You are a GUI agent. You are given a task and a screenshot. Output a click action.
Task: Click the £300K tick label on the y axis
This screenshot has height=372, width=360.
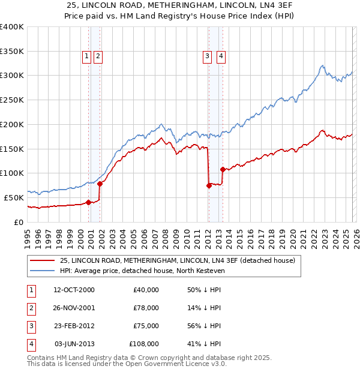coord(12,76)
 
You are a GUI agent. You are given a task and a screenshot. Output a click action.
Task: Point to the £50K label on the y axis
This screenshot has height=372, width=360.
coord(14,197)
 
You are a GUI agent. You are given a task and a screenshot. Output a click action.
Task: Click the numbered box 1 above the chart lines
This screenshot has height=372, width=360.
coord(86,56)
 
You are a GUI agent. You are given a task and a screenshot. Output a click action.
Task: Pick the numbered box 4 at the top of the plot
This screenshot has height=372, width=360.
coord(221,56)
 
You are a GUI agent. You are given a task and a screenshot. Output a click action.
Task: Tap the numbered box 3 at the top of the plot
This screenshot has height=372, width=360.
coord(207,56)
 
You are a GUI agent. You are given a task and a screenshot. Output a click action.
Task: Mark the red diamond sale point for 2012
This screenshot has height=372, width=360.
coord(209,185)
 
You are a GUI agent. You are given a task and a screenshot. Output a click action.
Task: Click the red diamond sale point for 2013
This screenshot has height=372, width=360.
coord(223,169)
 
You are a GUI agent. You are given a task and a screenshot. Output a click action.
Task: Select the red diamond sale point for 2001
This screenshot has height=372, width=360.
coord(100,184)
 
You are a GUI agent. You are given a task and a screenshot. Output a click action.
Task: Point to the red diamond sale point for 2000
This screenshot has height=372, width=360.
coord(88,202)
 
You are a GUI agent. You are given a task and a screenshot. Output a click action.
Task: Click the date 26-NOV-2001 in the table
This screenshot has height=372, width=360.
coord(74,308)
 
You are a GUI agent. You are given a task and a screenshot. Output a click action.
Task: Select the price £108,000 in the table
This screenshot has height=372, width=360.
coord(144,344)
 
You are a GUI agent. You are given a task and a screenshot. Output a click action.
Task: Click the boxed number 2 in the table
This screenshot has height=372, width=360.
coord(30,308)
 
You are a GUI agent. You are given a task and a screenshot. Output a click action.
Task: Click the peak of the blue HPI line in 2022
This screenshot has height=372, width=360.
coord(323,65)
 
